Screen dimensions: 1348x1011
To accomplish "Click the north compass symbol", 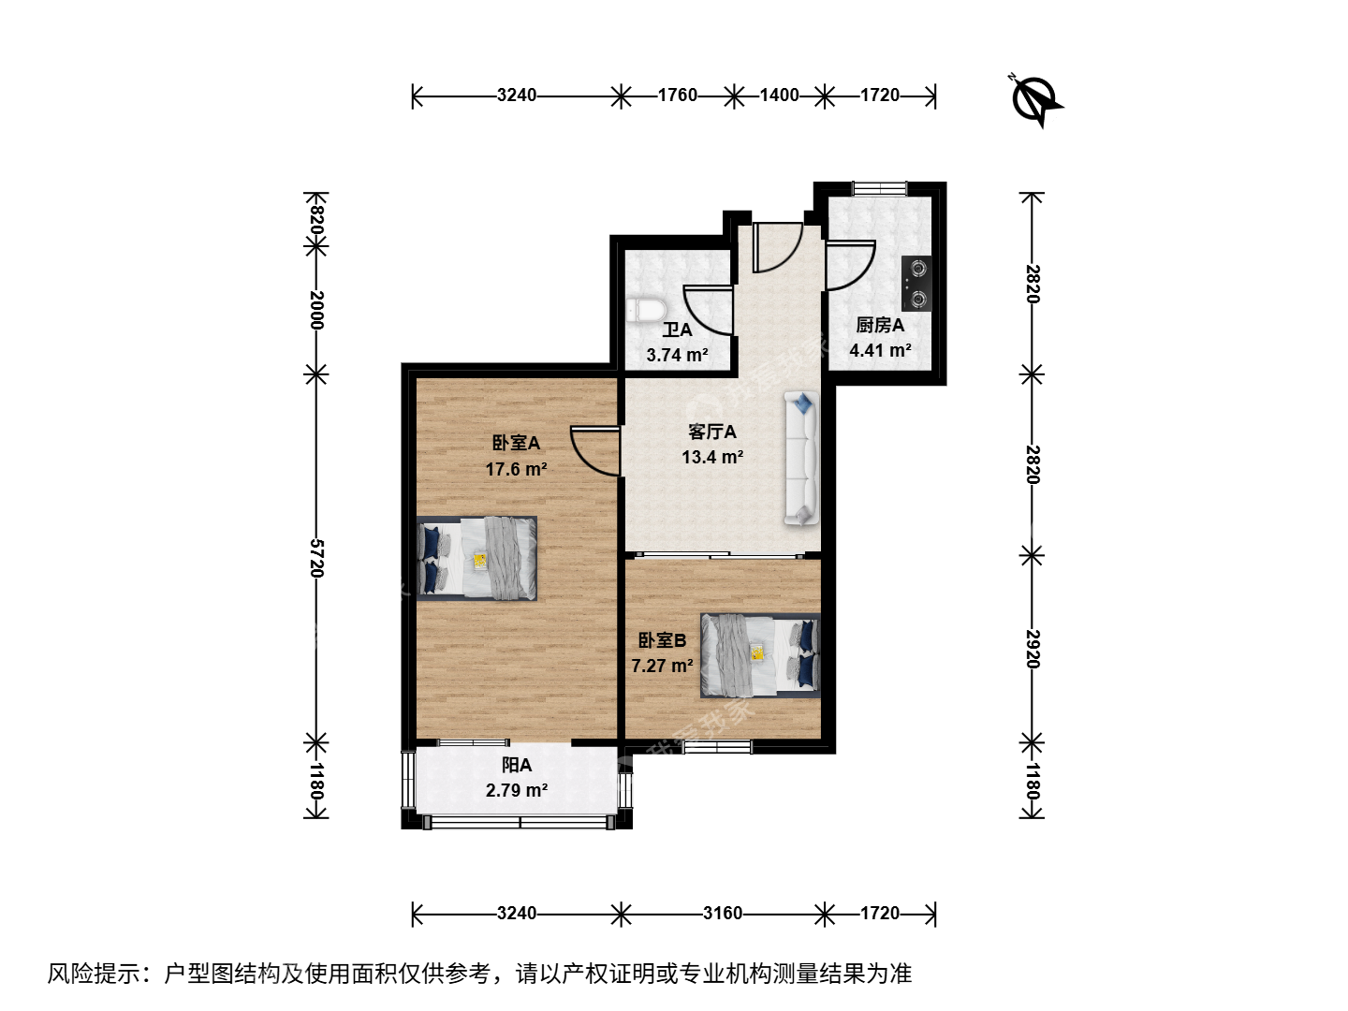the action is [x=1036, y=101].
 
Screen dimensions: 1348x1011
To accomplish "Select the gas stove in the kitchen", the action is [x=916, y=284].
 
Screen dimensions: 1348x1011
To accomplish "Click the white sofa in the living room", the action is [x=801, y=458].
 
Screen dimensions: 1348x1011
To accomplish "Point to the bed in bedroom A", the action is [x=477, y=558].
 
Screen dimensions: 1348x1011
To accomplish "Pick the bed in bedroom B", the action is [x=760, y=655].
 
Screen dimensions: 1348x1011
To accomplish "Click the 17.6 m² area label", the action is [x=516, y=470].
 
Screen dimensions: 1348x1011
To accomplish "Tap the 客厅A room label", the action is [x=712, y=432].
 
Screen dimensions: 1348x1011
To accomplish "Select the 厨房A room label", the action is [x=880, y=326].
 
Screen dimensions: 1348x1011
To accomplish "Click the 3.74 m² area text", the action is [x=677, y=355].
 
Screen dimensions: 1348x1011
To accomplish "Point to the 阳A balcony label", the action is [x=517, y=766].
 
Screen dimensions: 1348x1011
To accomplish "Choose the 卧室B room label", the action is [x=662, y=641].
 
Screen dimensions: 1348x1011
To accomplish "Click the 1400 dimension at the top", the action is [x=780, y=95].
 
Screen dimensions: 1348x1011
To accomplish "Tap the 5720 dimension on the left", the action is [x=316, y=558].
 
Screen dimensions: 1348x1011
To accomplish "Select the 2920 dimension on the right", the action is [x=1032, y=649].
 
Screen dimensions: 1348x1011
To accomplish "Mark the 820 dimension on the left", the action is [x=316, y=219].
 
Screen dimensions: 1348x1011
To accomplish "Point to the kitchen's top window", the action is [x=879, y=188].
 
